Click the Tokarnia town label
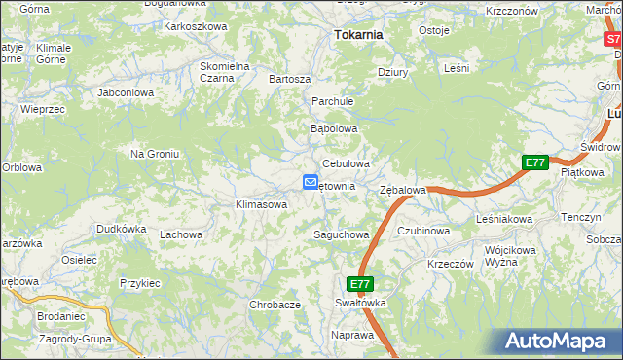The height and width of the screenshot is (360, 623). (358, 34)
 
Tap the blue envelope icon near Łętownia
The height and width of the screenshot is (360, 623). (310, 182)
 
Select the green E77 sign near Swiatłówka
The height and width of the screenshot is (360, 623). (360, 284)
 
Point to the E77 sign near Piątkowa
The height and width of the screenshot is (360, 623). (534, 162)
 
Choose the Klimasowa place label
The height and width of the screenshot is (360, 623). (261, 205)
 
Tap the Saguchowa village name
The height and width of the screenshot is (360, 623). (341, 234)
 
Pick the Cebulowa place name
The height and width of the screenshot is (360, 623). (346, 164)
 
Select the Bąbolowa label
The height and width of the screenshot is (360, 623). (334, 128)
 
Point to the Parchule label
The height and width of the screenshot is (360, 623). (332, 101)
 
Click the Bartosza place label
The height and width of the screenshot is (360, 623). (289, 79)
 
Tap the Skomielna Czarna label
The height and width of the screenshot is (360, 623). (225, 73)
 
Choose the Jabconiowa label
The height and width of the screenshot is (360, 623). (127, 93)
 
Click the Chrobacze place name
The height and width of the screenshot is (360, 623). (275, 305)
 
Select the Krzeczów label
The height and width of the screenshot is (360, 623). (450, 264)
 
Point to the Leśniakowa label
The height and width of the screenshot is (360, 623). (504, 220)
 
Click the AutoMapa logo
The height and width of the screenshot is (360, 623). (559, 342)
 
